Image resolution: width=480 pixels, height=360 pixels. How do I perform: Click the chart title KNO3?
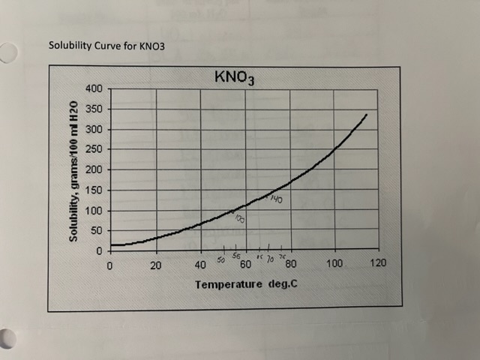[235, 77]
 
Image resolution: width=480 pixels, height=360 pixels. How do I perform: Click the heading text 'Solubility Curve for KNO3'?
[106, 45]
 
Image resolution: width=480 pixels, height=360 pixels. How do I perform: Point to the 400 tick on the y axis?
[94, 89]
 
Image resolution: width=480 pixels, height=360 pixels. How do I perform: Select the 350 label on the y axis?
[94, 109]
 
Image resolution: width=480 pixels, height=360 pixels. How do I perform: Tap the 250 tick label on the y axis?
[94, 150]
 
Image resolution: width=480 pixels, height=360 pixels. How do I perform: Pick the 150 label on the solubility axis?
[94, 190]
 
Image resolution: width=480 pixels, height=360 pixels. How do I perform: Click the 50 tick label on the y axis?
[97, 230]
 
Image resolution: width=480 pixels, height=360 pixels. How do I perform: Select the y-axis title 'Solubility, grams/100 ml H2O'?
[73, 170]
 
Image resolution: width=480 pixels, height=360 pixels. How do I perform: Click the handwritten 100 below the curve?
[239, 218]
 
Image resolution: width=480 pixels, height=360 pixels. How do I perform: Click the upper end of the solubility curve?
[366, 115]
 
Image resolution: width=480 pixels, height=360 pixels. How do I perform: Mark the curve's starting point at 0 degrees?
[111, 244]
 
